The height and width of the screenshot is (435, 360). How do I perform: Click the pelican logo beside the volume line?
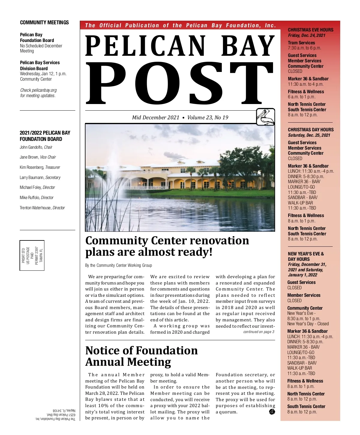point(265,117)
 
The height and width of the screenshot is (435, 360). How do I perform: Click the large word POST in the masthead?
point(179,83)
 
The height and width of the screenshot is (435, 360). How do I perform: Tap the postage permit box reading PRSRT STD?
point(32,255)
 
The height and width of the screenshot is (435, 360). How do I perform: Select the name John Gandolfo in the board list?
point(31,147)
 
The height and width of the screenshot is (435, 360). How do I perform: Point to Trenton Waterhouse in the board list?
point(35,208)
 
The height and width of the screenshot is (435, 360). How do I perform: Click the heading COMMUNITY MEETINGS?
point(44,22)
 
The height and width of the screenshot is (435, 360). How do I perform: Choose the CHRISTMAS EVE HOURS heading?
point(310,30)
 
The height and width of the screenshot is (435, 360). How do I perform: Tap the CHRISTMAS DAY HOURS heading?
point(310,130)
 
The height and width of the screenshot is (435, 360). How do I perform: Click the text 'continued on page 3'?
point(259,332)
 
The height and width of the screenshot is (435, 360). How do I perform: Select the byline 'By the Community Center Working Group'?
point(118,265)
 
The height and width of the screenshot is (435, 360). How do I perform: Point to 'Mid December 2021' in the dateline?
point(155,118)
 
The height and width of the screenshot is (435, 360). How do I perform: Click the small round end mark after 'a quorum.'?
point(272,412)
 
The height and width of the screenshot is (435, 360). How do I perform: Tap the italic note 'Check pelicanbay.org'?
point(38,90)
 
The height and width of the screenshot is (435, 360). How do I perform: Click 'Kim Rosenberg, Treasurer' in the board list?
point(40,167)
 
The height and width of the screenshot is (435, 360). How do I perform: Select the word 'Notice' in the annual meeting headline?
point(103,350)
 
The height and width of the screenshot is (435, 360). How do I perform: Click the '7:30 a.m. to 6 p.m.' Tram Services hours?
point(304,48)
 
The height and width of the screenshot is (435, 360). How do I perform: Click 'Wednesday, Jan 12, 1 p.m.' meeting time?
point(43,74)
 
